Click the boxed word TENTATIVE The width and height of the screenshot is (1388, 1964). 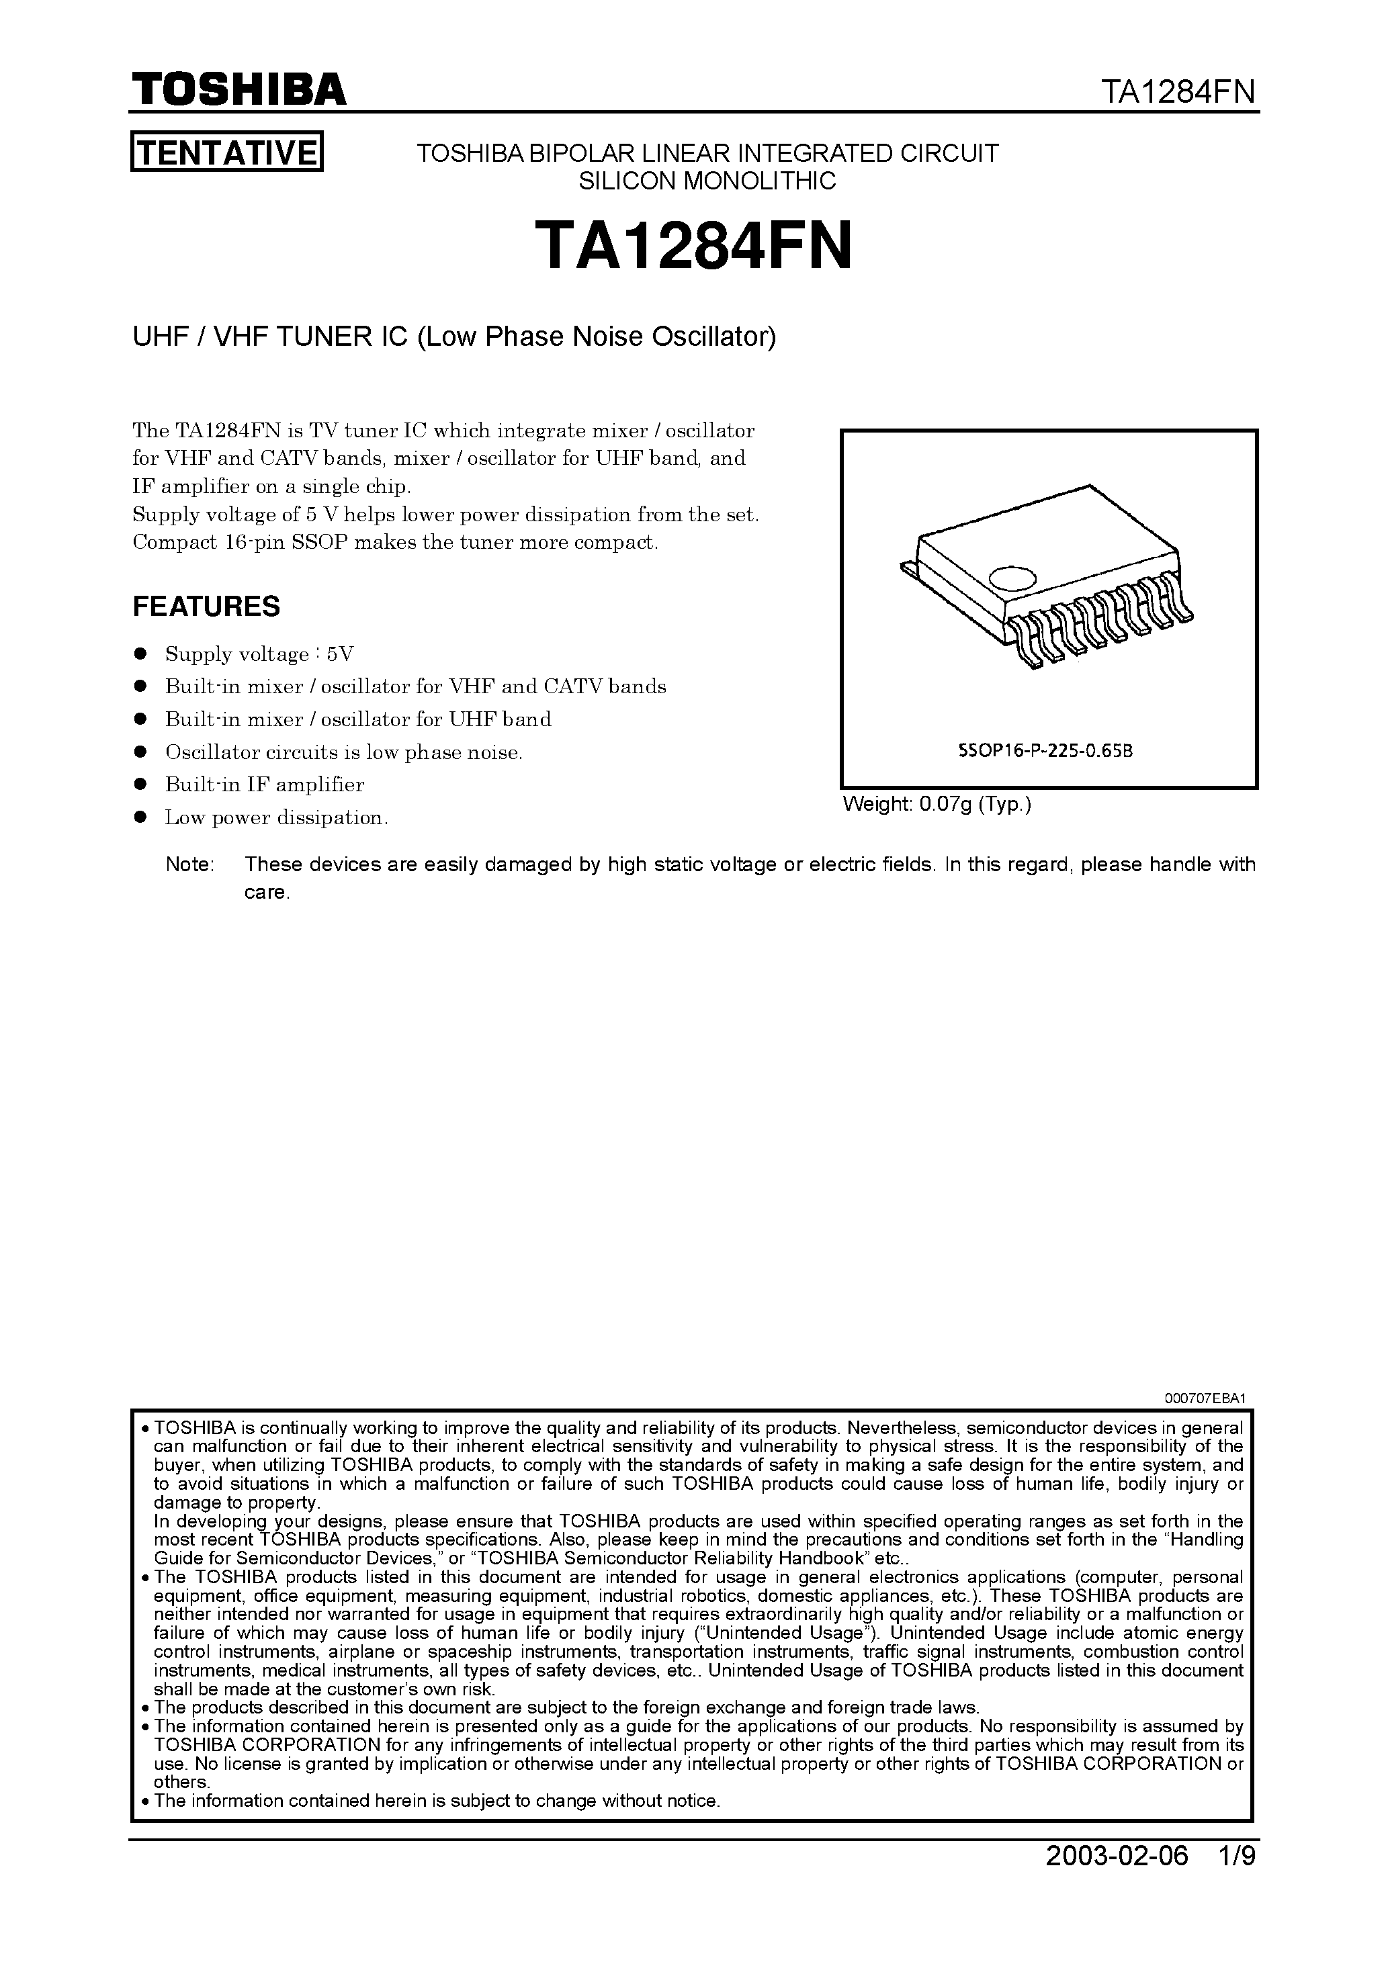tap(227, 152)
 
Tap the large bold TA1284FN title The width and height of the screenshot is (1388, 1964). tap(693, 247)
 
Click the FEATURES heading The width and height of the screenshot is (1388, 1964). tap(206, 607)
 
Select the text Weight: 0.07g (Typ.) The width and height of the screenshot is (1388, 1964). tap(937, 805)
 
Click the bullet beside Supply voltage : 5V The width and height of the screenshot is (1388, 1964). tap(141, 654)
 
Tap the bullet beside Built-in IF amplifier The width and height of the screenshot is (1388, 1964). tap(141, 785)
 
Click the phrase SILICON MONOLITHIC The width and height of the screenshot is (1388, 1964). tap(707, 181)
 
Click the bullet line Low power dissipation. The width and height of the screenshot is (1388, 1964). tap(276, 817)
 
